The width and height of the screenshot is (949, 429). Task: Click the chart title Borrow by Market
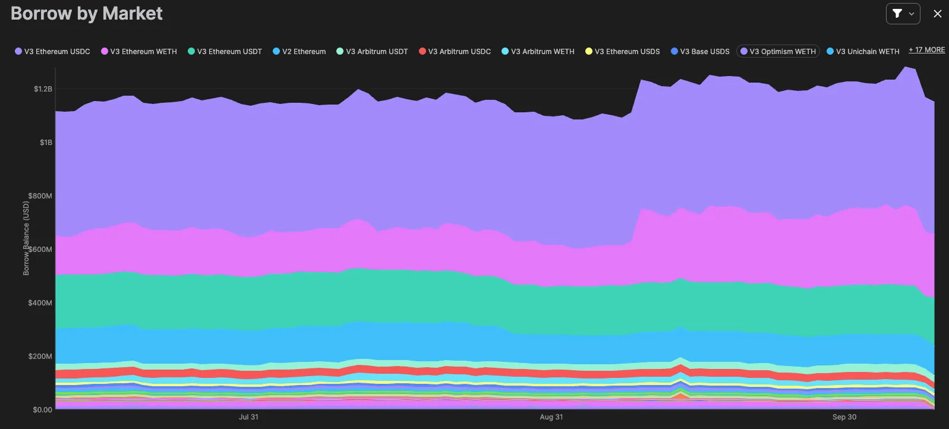coord(87,14)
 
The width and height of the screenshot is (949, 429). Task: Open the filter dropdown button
coord(903,14)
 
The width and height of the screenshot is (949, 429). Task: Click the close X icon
coord(938,14)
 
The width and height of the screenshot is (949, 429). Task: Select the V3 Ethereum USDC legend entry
coord(53,52)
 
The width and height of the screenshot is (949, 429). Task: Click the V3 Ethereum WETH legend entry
coord(139,52)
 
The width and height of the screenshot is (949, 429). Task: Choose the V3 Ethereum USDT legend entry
coord(225,52)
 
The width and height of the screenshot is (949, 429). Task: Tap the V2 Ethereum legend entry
coord(299,52)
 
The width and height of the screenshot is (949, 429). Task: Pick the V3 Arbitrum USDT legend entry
coord(373,52)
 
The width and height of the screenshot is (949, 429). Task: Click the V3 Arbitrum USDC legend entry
coord(455,52)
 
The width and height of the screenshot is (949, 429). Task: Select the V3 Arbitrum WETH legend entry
coord(538,52)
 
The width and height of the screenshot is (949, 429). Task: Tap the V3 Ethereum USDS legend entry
coord(623,52)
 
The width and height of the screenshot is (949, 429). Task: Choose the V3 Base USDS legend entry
coord(701,52)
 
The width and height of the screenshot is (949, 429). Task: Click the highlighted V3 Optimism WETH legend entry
coord(778,52)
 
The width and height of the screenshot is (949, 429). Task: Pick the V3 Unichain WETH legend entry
coord(863,52)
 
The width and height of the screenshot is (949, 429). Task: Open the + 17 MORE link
coord(926,50)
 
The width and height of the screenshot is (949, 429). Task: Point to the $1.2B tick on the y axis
coord(43,89)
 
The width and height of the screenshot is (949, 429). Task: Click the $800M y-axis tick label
coord(40,196)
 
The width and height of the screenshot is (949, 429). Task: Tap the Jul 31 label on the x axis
coord(248,417)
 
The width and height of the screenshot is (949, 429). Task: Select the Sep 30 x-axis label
coord(844,417)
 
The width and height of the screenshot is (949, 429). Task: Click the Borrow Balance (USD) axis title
coord(26,238)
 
